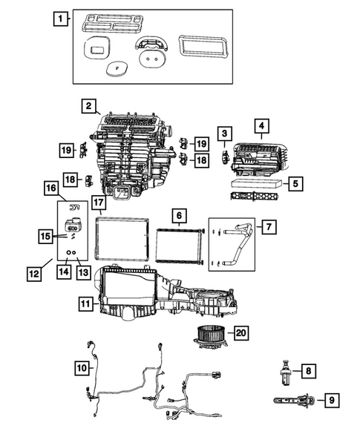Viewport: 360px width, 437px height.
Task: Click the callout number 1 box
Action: [62, 18]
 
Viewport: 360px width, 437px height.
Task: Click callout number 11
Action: [86, 303]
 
